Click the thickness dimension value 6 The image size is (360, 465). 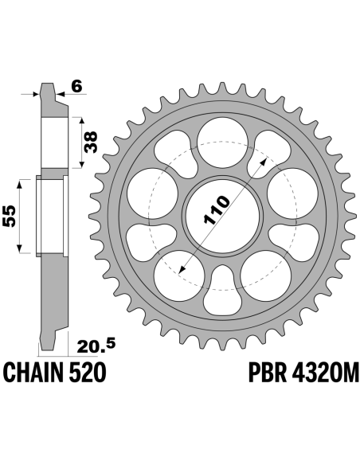click(76, 87)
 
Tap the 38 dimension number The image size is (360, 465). click(91, 142)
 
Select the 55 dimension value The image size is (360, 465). click(9, 216)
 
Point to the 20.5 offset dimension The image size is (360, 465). click(96, 346)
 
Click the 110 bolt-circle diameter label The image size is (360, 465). click(217, 209)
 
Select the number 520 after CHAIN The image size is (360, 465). click(88, 372)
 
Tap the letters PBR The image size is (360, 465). click(268, 372)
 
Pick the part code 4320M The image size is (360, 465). click(326, 372)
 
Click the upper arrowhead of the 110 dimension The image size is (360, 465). click(263, 161)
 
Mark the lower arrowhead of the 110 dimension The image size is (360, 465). click(182, 269)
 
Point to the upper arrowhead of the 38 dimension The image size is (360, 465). click(81, 120)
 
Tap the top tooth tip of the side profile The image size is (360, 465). click(47, 84)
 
